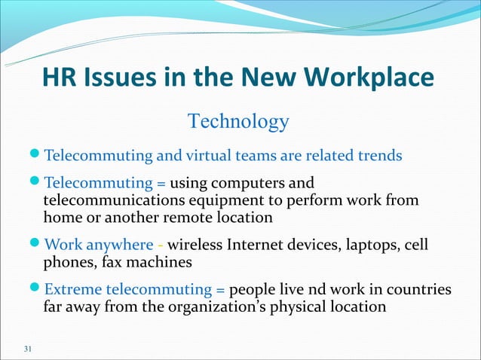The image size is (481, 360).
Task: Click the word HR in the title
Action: [x=58, y=78]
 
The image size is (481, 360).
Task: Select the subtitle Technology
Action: [x=238, y=121]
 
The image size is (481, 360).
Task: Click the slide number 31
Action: [x=29, y=348]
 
